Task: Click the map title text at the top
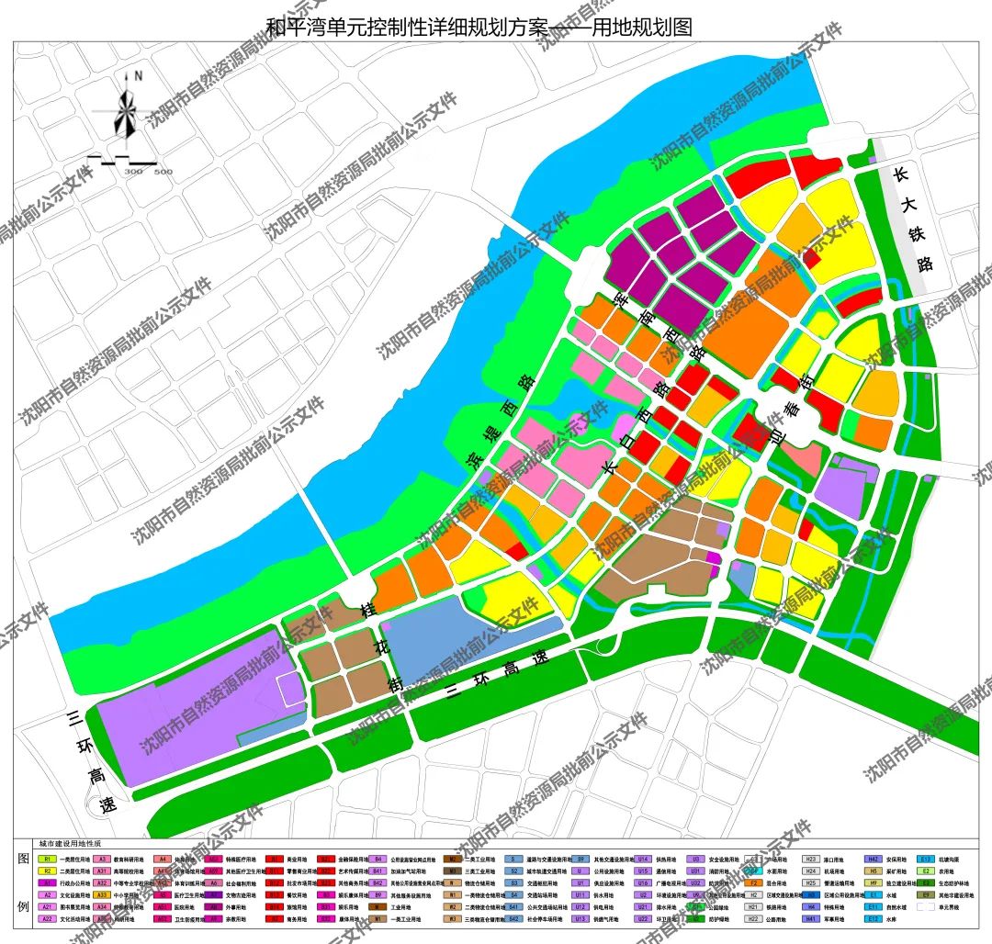tap(479, 28)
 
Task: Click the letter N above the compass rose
tap(138, 75)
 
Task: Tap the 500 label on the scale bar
tap(163, 172)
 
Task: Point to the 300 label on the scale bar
tap(134, 172)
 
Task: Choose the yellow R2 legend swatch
tap(46, 871)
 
